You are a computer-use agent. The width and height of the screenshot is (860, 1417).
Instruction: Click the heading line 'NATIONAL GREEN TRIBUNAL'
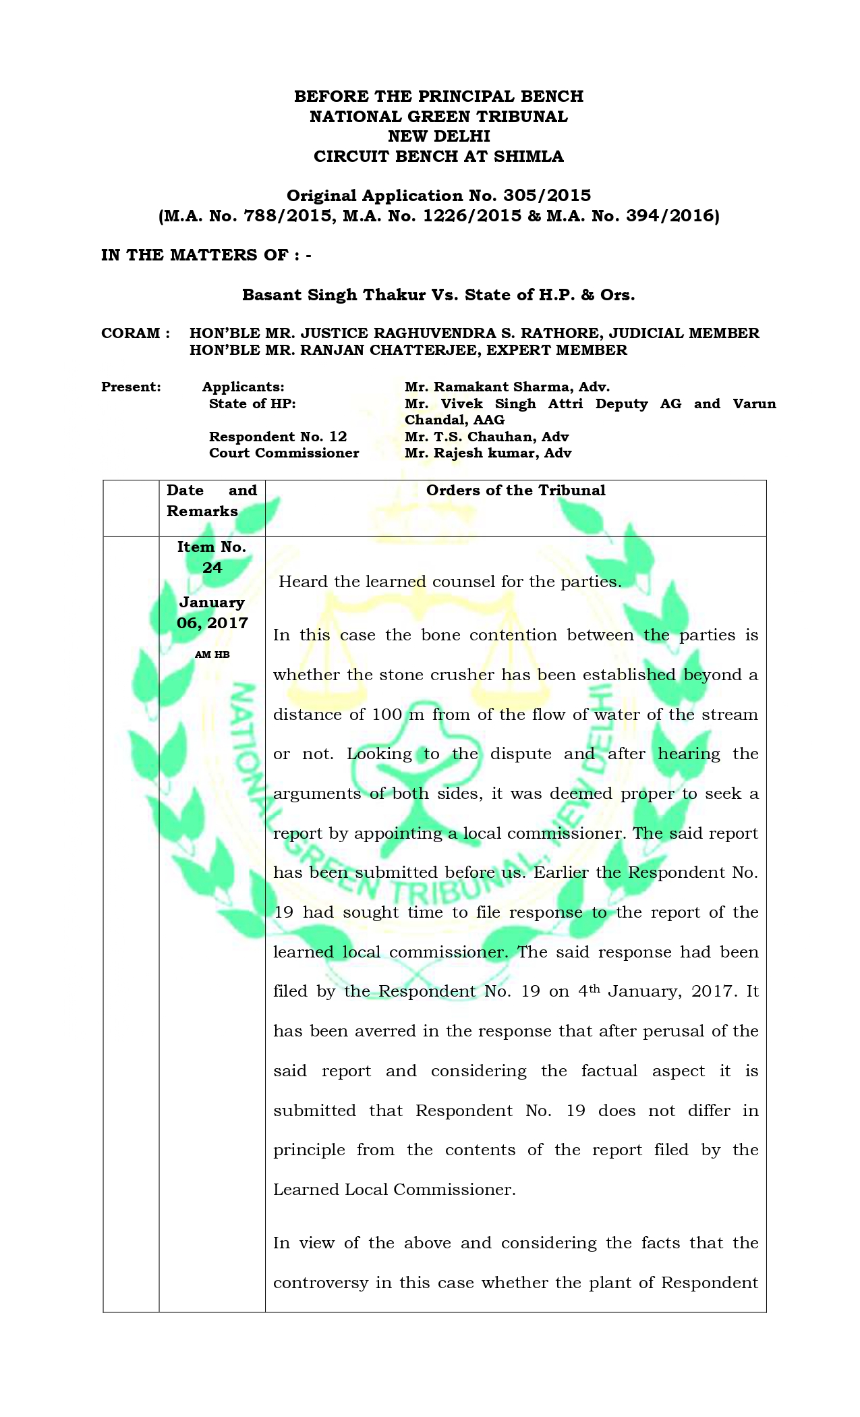tap(438, 117)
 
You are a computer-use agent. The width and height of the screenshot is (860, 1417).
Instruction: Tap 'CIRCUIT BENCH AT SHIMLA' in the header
tap(438, 157)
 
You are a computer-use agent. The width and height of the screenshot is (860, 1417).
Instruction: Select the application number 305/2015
tap(546, 196)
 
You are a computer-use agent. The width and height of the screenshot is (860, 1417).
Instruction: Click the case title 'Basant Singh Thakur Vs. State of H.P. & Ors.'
tap(438, 295)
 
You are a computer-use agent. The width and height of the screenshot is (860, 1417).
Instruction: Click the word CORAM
tap(131, 333)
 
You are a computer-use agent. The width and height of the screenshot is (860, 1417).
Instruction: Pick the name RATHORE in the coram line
tap(565, 333)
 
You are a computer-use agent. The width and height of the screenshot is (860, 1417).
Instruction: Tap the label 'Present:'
tap(131, 387)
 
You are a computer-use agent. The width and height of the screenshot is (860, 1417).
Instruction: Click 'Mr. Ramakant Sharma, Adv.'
tap(507, 387)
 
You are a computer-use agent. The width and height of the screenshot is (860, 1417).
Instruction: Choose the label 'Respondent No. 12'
tap(278, 437)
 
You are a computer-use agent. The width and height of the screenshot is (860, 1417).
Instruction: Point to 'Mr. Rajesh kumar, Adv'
tap(488, 453)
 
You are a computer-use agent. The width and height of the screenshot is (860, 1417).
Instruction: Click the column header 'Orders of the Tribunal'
tap(515, 491)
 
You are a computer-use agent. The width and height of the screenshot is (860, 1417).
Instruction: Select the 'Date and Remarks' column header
tap(211, 501)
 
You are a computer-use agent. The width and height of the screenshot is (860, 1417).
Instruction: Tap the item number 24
tap(212, 567)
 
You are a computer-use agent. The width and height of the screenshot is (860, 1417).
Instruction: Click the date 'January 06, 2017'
tap(212, 613)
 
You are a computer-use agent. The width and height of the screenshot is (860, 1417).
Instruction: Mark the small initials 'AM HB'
tap(212, 655)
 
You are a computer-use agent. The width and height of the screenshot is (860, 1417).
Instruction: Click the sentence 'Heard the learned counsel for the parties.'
tap(450, 582)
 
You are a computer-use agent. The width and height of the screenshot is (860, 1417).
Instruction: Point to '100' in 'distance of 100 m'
tap(386, 715)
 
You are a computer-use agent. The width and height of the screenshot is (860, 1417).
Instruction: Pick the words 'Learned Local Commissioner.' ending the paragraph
tap(394, 1190)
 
